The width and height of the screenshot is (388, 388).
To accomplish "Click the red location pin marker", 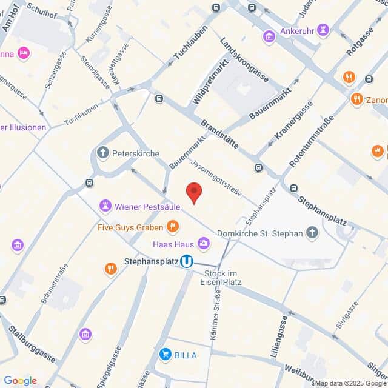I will click(x=193, y=192).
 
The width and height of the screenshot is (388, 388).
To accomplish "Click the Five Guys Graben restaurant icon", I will click(x=173, y=227).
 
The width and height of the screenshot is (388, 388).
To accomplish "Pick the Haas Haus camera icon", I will click(x=204, y=244).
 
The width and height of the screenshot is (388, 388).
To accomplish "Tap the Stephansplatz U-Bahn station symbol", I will click(x=187, y=261).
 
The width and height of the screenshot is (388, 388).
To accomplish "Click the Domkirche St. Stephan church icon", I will click(x=312, y=232).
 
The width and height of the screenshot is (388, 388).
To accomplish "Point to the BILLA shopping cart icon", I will click(x=164, y=355).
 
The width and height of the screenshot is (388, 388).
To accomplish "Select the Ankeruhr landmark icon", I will click(x=269, y=37).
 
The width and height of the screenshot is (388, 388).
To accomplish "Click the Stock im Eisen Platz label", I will click(x=221, y=277).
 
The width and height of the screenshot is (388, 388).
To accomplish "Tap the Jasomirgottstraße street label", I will click(x=216, y=178).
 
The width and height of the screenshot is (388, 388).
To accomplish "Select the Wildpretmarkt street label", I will click(x=204, y=83).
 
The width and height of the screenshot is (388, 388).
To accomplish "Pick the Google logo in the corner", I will click(x=20, y=380).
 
